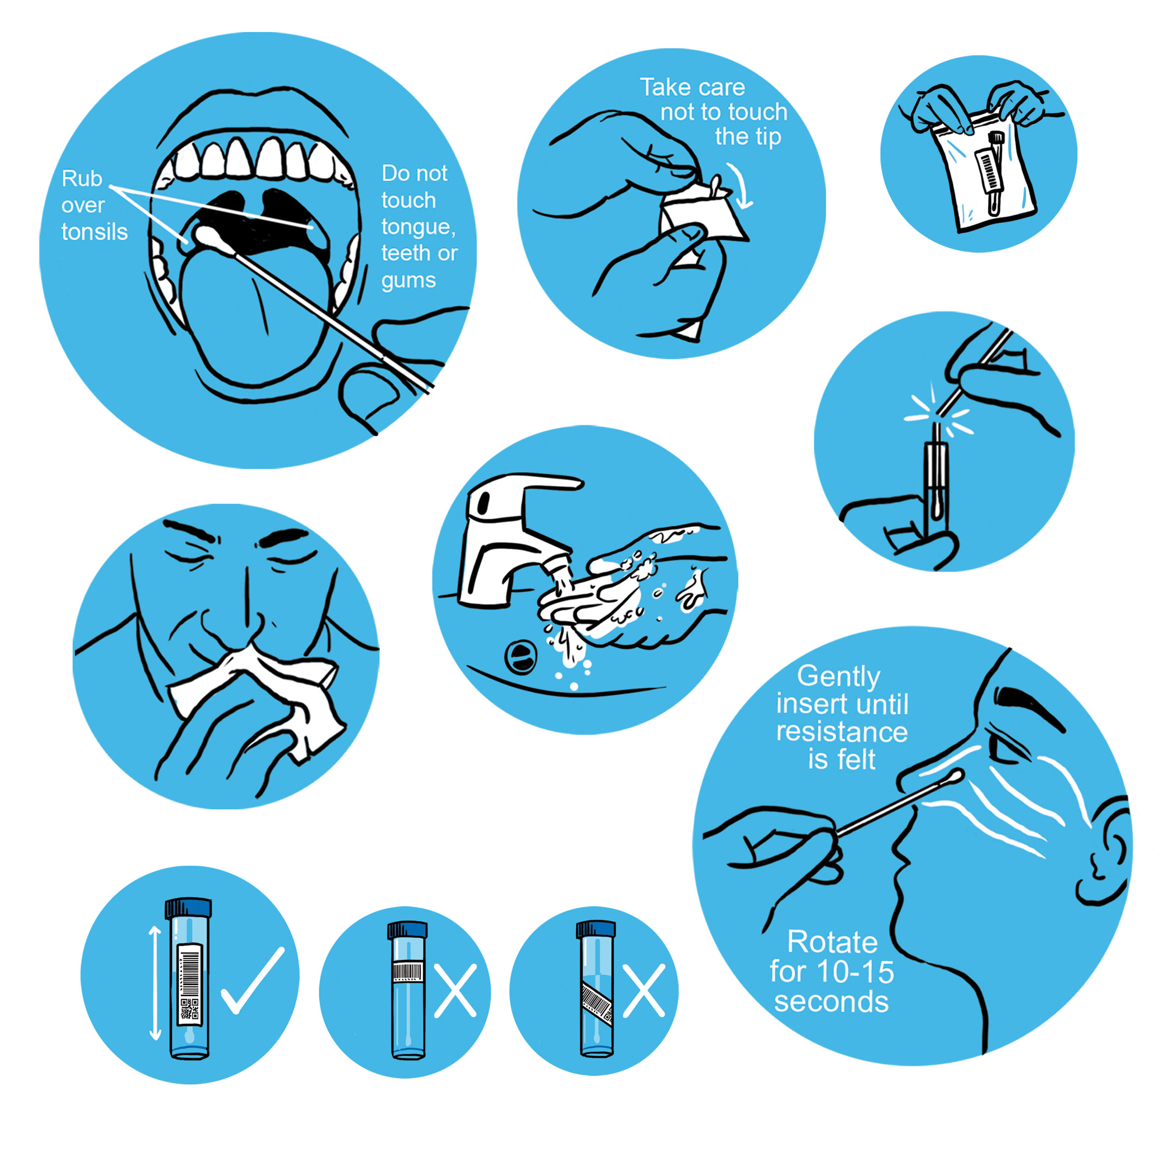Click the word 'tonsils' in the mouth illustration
coord(94,232)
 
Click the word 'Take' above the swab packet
coord(662,88)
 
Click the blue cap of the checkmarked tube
coord(188,908)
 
